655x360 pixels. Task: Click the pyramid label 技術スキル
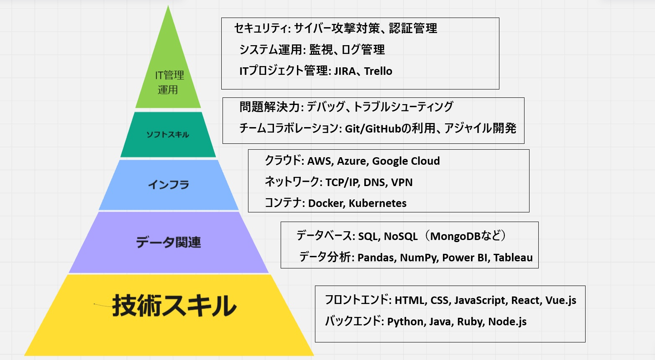[174, 306]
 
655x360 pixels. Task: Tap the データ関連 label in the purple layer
[168, 242]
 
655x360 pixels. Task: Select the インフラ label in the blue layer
[169, 184]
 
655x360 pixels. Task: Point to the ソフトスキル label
[168, 135]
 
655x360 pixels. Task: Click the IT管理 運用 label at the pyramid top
[169, 82]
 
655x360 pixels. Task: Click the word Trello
[378, 71]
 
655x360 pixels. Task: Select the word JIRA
[345, 71]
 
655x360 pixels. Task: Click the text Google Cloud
[406, 161]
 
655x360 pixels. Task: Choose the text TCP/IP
[341, 182]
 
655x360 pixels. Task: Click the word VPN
[402, 182]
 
